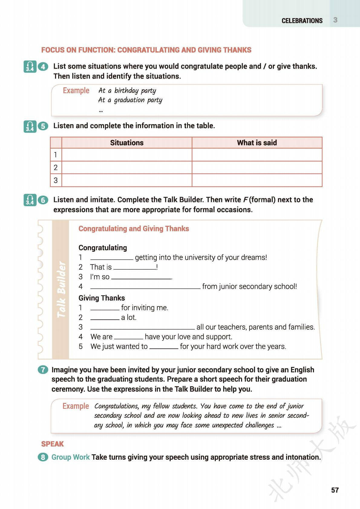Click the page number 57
pyautogui.click(x=335, y=490)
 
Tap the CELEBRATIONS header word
pyautogui.click(x=302, y=21)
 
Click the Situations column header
pyautogui.click(x=127, y=143)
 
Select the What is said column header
pyautogui.click(x=257, y=143)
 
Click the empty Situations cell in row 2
pyautogui.click(x=127, y=167)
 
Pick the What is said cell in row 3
pyautogui.click(x=257, y=180)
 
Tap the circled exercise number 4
pyautogui.click(x=43, y=66)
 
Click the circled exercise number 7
pyautogui.click(x=43, y=370)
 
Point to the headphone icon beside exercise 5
pyautogui.click(x=30, y=126)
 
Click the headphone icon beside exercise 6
pyautogui.click(x=30, y=200)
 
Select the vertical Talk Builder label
pyautogui.click(x=61, y=289)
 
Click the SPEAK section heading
pyautogui.click(x=53, y=444)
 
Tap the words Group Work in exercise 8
pyautogui.click(x=70, y=457)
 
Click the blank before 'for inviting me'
pyautogui.click(x=105, y=308)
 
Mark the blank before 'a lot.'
pyautogui.click(x=105, y=318)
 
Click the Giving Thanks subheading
pyautogui.click(x=102, y=298)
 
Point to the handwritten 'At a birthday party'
pyautogui.click(x=127, y=90)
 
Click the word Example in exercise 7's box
pyautogui.click(x=76, y=406)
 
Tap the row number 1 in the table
pyautogui.click(x=56, y=155)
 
